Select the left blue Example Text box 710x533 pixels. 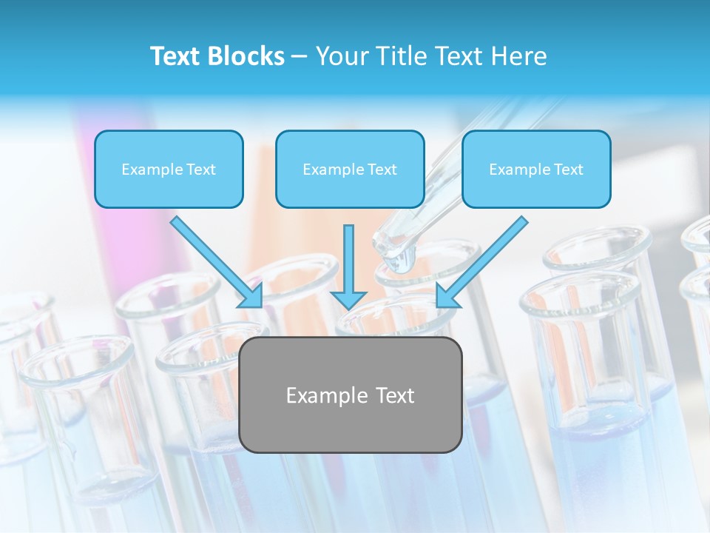169,170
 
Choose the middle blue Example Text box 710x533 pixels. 350,170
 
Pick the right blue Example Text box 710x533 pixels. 536,170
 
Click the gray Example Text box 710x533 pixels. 350,395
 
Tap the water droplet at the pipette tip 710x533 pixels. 402,261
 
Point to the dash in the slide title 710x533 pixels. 300,56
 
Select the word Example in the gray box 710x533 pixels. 327,395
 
